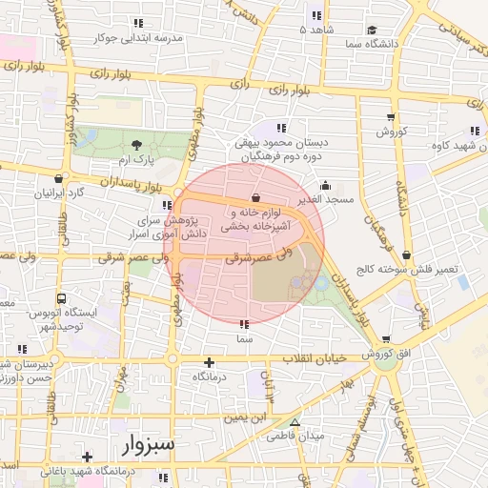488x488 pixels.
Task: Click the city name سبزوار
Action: tap(148, 444)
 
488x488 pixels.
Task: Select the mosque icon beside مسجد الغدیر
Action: tap(325, 186)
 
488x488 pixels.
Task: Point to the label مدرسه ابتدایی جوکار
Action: tap(152, 38)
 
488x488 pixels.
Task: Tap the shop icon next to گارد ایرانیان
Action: tap(59, 178)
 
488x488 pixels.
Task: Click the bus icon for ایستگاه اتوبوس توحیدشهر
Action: tap(62, 297)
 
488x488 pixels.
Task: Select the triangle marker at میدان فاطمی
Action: tap(294, 422)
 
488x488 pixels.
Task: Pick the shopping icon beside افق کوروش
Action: tap(385, 338)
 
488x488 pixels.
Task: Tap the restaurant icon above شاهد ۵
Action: tap(315, 15)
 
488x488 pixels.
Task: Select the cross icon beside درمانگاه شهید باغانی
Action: tap(88, 457)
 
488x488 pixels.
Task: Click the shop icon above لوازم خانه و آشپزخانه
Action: tap(254, 197)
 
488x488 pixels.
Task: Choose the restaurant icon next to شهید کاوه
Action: tap(474, 131)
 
